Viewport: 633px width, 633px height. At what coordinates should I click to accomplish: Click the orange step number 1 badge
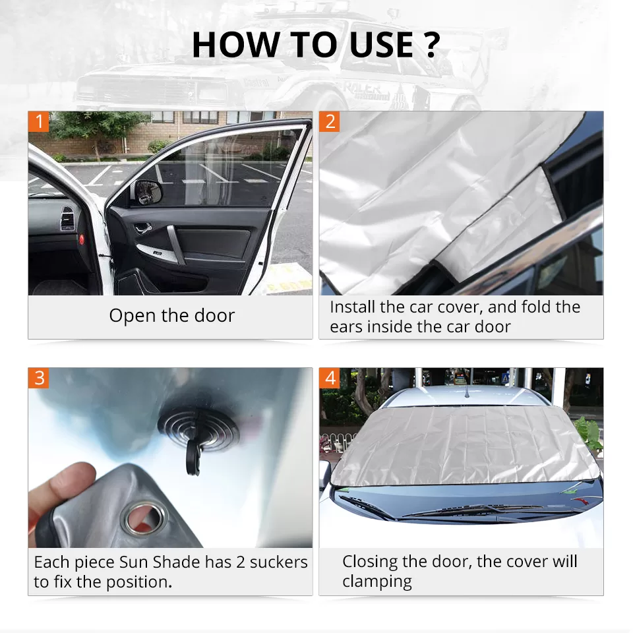tap(39, 121)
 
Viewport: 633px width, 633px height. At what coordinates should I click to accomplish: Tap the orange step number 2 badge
tap(330, 121)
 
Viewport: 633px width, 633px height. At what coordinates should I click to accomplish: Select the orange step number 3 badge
tap(39, 378)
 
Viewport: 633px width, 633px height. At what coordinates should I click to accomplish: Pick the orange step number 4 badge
tap(330, 378)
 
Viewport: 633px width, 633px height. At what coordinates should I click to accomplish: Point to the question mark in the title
tap(430, 44)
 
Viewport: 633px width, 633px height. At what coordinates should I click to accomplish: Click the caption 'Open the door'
tap(171, 316)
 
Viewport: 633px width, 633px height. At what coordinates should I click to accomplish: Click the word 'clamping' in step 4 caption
tap(377, 582)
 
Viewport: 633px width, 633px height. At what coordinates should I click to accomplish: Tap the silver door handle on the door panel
tap(172, 237)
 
